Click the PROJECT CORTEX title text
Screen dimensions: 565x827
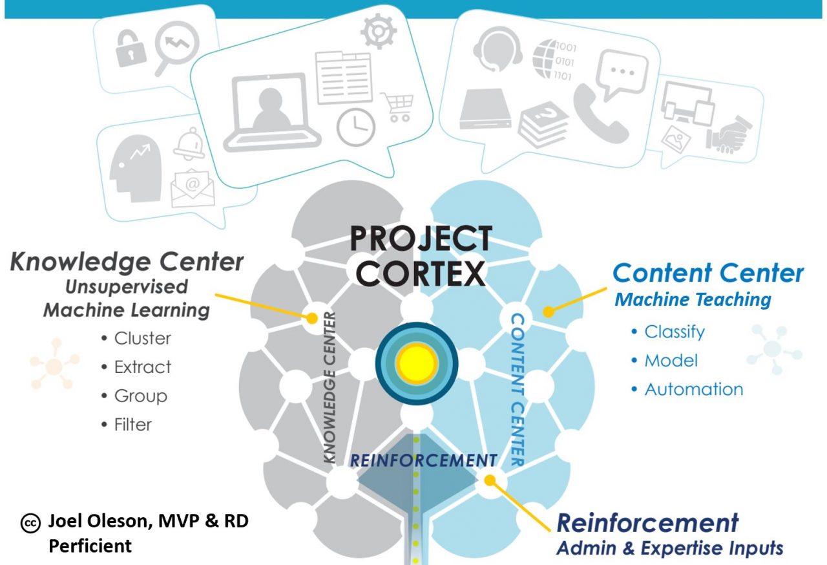(x=421, y=256)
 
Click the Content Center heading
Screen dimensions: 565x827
(x=708, y=273)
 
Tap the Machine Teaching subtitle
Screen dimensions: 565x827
(x=693, y=300)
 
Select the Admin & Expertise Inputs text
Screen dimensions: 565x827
(x=669, y=548)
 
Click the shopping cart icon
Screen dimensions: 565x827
(x=397, y=107)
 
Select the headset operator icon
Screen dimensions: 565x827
(x=497, y=48)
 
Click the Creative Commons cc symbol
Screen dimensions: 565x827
(x=30, y=524)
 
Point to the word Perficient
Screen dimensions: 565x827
(x=90, y=546)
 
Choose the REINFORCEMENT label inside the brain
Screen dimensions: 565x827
(x=423, y=460)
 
